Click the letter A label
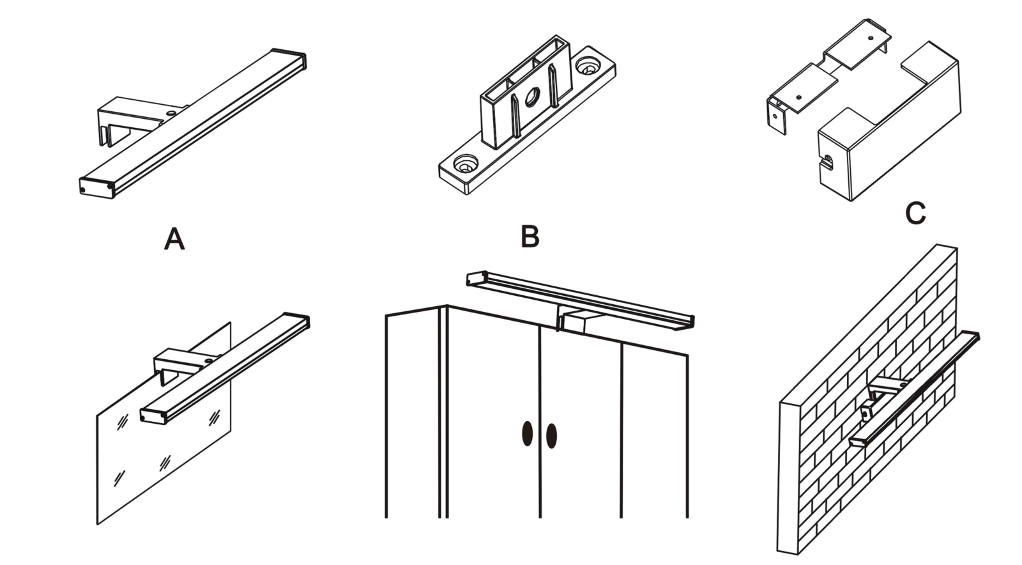(x=174, y=240)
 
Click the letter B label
(x=530, y=236)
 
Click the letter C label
(x=915, y=213)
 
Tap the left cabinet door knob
(x=528, y=434)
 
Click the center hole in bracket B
(x=531, y=98)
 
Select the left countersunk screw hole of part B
(x=466, y=164)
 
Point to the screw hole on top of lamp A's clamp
(x=171, y=112)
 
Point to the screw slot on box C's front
(x=828, y=160)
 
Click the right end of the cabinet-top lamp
(x=687, y=321)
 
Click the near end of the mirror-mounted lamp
(x=153, y=415)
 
